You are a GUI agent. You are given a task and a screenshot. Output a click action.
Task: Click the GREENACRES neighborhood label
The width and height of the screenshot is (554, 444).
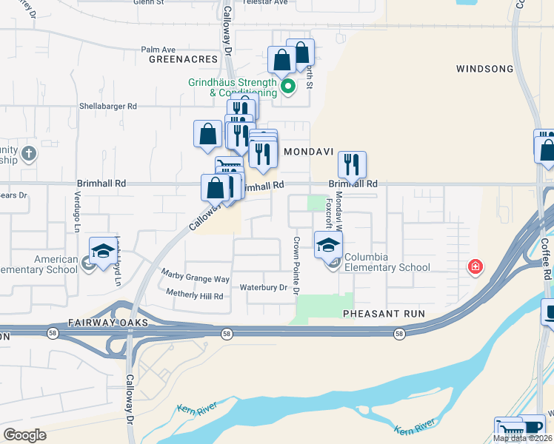click(183, 58)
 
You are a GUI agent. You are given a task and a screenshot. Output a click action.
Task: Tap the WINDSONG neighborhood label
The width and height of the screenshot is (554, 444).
click(484, 69)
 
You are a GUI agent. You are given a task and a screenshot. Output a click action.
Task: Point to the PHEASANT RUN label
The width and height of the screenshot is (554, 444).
click(384, 314)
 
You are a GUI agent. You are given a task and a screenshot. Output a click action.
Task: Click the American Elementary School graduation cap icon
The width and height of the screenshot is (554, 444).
click(103, 250)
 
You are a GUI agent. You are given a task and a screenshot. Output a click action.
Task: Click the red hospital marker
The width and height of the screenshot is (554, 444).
click(474, 266)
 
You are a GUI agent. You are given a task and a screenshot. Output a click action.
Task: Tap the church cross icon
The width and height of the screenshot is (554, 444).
click(28, 154)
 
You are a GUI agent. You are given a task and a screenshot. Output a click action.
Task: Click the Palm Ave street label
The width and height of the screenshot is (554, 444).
click(157, 50)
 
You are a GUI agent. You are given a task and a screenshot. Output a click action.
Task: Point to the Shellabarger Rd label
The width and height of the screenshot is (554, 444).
click(108, 107)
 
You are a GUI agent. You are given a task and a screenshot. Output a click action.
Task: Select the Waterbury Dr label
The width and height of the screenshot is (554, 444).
click(263, 288)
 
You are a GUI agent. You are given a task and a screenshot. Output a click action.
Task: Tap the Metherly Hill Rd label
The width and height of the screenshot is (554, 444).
click(194, 296)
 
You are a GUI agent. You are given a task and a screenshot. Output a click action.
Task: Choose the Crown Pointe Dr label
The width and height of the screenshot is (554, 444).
click(296, 265)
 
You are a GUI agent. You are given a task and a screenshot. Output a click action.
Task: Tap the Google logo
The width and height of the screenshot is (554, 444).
click(24, 435)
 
